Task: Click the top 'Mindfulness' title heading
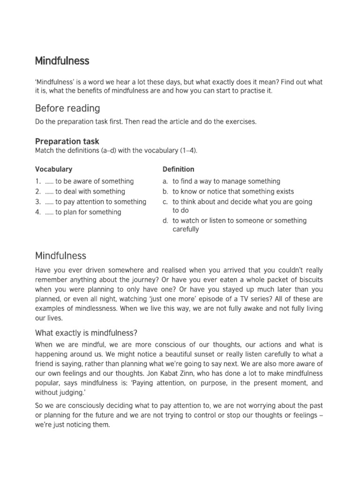tap(62, 61)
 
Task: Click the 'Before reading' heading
tap(67, 108)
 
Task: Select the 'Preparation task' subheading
tap(67, 141)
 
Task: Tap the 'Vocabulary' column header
tap(53, 169)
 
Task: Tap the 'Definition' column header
tap(178, 169)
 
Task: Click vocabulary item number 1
tap(37, 181)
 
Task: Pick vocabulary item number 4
tap(37, 212)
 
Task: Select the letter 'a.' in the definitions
tap(165, 181)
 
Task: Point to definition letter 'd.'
tap(165, 221)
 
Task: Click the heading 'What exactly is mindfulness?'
tap(86, 333)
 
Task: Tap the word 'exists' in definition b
tap(284, 192)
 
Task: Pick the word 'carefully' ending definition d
tap(186, 230)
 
